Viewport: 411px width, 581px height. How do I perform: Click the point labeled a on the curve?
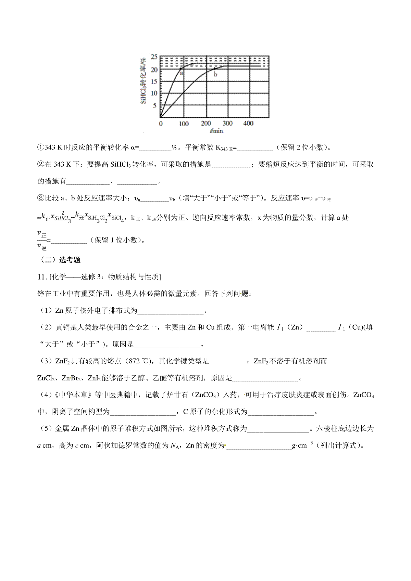pos(181,68)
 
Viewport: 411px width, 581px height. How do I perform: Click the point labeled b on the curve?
pos(215,69)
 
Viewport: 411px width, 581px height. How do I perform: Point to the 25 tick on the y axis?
pos(154,57)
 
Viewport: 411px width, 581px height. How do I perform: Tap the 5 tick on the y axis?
pos(154,106)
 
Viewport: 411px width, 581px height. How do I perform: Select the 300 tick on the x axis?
pos(227,124)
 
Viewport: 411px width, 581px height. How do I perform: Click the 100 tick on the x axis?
pos(184,124)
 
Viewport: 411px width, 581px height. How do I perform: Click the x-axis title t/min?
pos(216,131)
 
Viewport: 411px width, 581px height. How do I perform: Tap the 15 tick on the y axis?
pos(154,81)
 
